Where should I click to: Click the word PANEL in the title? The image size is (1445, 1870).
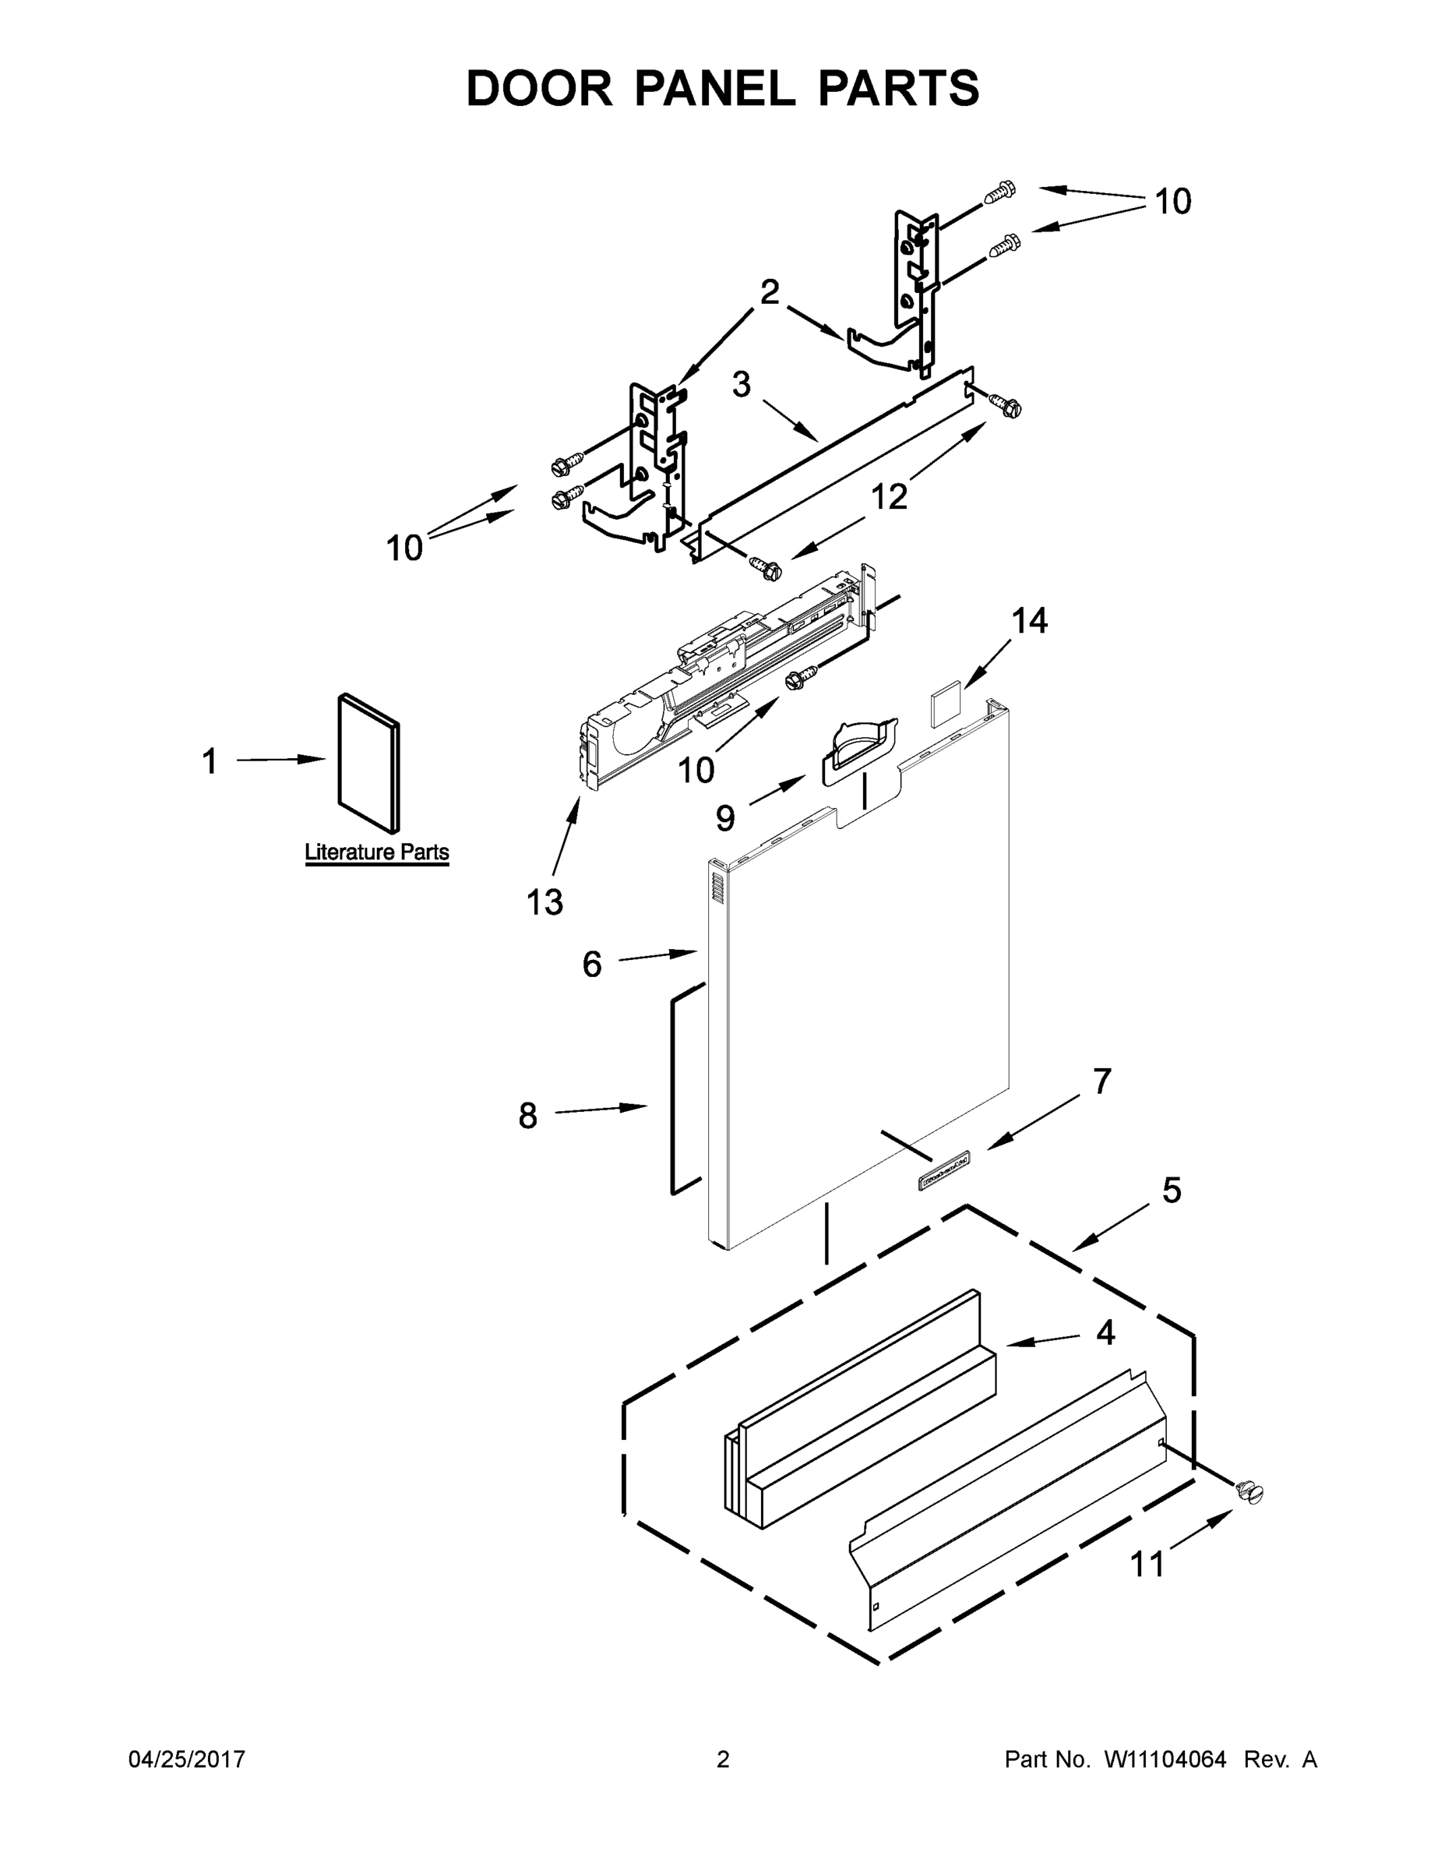715,88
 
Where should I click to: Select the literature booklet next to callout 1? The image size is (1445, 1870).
369,762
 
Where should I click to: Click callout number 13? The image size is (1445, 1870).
545,901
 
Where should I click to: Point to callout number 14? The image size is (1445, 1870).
1029,621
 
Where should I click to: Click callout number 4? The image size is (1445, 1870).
1105,1333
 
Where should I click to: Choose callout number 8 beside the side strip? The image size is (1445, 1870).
528,1116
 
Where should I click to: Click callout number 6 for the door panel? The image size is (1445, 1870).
591,964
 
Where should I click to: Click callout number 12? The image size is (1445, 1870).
889,496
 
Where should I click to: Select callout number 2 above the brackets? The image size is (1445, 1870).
770,292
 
